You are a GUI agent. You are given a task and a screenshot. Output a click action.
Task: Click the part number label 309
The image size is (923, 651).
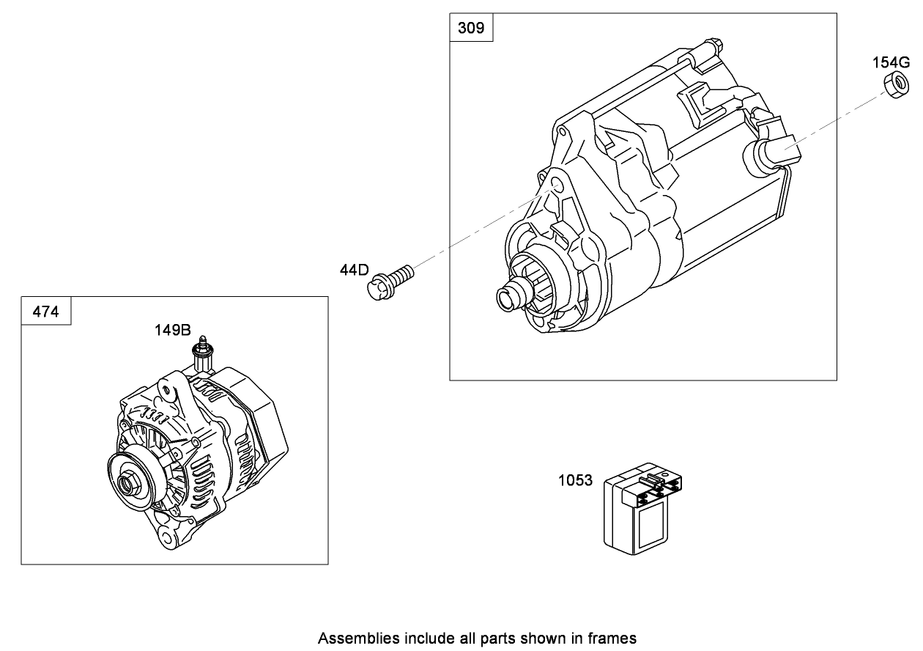(x=470, y=28)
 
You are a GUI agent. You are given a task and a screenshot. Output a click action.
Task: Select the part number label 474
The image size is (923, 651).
(x=46, y=312)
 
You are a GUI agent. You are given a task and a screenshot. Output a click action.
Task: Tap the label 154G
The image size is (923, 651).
(x=890, y=62)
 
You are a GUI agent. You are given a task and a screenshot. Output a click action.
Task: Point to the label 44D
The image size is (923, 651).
(x=354, y=270)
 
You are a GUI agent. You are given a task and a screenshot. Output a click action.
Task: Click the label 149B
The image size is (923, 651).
(x=172, y=330)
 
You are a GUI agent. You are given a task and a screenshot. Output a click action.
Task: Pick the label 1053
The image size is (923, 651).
(x=575, y=481)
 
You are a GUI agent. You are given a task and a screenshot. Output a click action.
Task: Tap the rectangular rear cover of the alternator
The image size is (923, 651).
(x=256, y=418)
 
